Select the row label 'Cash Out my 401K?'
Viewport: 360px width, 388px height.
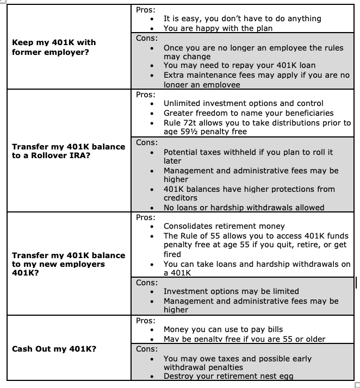(54, 349)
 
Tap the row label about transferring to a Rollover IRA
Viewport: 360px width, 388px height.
(69, 151)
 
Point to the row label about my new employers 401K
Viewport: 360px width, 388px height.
(69, 264)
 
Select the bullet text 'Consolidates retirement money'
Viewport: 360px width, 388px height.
(224, 226)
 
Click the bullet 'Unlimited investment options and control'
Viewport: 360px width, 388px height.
(243, 103)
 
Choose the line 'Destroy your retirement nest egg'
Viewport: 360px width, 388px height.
(230, 376)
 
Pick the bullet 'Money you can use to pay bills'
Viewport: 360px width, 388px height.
(223, 329)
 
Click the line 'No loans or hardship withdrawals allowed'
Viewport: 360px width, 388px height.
(244, 208)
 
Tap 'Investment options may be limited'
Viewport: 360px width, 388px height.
(231, 291)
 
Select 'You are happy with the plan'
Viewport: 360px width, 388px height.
(218, 28)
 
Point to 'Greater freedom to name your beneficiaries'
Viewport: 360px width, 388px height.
(249, 113)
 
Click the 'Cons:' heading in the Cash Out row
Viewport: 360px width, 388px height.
(147, 349)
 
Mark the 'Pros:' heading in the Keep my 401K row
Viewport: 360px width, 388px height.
(146, 10)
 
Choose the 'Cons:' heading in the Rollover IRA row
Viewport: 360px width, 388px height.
(147, 142)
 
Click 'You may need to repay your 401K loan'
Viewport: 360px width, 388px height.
(239, 65)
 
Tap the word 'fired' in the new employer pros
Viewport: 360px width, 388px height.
(172, 254)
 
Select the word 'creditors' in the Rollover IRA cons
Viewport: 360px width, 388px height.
(181, 198)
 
